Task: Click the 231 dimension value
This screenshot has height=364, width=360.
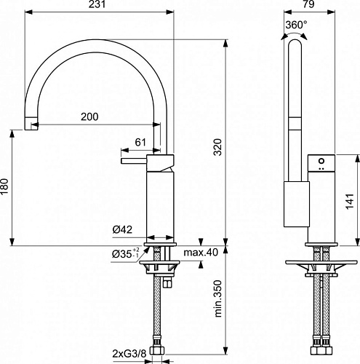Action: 97,4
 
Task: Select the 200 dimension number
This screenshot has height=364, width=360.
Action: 89,116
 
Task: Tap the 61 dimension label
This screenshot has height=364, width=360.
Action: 140,142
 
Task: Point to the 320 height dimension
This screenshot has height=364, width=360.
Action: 218,147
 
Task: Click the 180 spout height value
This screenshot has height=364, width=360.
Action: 4,186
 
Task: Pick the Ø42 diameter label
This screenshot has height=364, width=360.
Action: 122,229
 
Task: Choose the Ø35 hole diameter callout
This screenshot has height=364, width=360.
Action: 126,253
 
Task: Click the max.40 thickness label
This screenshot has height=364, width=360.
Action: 201,253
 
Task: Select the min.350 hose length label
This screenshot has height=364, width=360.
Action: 218,298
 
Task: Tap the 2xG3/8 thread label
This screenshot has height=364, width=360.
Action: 129,354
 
